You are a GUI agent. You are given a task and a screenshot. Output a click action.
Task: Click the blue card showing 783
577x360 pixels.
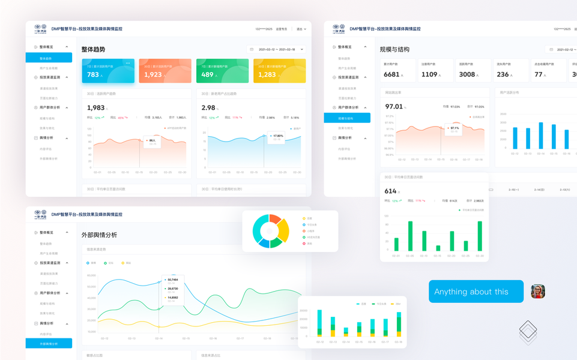tap(108, 71)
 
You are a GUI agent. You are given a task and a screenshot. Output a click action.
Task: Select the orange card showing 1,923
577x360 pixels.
tap(165, 71)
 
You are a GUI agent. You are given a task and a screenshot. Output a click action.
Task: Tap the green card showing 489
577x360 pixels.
tap(222, 71)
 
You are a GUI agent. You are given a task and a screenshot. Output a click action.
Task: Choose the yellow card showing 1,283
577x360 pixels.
tap(279, 71)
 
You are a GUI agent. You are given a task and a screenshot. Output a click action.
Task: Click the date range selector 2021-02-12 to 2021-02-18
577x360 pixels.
tap(277, 50)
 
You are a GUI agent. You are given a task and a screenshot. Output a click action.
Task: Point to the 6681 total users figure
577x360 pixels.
tap(391, 74)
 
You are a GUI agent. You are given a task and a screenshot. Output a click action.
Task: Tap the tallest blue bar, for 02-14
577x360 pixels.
tap(540, 136)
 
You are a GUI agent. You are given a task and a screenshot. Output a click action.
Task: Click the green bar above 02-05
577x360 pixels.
tap(410, 236)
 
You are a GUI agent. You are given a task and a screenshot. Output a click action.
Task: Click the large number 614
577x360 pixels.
tap(391, 191)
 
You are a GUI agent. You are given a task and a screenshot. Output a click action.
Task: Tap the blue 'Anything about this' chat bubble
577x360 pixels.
tap(476, 292)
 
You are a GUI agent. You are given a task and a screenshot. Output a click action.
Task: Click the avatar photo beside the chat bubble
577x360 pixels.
tap(538, 292)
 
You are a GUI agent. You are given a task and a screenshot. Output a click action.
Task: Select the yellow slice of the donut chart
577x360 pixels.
tap(284, 230)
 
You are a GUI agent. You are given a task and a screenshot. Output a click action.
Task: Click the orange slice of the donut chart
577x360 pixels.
tap(275, 220)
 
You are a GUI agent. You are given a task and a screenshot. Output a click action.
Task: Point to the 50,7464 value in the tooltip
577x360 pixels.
tap(173, 280)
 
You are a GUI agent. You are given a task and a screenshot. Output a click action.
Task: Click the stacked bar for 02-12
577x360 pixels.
tap(319, 324)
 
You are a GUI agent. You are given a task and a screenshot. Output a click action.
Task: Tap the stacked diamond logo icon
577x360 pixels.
tap(528, 332)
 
